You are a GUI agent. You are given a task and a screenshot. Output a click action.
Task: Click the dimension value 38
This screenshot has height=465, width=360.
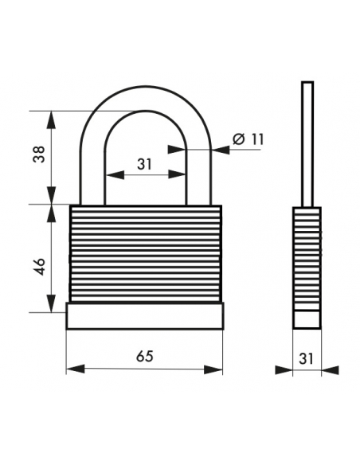(40, 154)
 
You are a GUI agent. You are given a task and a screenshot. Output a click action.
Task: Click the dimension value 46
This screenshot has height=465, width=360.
(40, 266)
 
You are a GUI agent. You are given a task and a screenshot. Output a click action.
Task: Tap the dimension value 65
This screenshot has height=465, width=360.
(145, 356)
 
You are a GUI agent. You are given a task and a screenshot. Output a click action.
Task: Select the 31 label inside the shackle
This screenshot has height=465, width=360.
(144, 164)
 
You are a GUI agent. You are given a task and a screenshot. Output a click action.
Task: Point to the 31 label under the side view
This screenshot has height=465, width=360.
(306, 358)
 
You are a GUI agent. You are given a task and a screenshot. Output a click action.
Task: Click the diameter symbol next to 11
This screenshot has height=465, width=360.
(240, 139)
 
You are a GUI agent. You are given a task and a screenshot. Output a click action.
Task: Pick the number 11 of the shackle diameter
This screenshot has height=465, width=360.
(256, 139)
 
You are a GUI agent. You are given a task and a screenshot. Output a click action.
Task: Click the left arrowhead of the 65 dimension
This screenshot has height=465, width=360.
(76, 369)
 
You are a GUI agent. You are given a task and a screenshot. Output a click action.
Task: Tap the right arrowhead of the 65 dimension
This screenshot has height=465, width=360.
(213, 369)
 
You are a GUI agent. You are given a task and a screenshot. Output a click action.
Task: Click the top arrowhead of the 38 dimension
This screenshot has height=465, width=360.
(52, 119)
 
